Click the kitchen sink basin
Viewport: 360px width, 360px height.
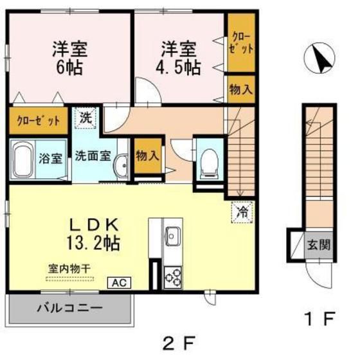click(172, 237)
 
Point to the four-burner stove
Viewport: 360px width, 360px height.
click(173, 277)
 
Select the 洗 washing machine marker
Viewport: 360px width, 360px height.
click(86, 118)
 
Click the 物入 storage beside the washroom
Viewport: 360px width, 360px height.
click(147, 155)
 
